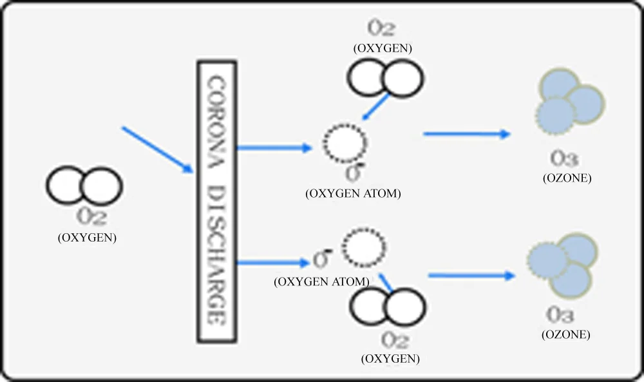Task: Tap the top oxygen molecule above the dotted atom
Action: pos(386,77)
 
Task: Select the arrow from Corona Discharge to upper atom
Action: pos(274,148)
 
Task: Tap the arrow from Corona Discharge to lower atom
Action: pos(273,262)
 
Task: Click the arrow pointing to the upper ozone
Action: pos(466,134)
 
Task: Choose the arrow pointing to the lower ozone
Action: pos(472,275)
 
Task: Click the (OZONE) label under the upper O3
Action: pos(567,178)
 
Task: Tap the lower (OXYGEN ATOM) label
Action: pos(322,282)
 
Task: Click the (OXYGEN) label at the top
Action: pos(383,48)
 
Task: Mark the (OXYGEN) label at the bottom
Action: pos(392,358)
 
